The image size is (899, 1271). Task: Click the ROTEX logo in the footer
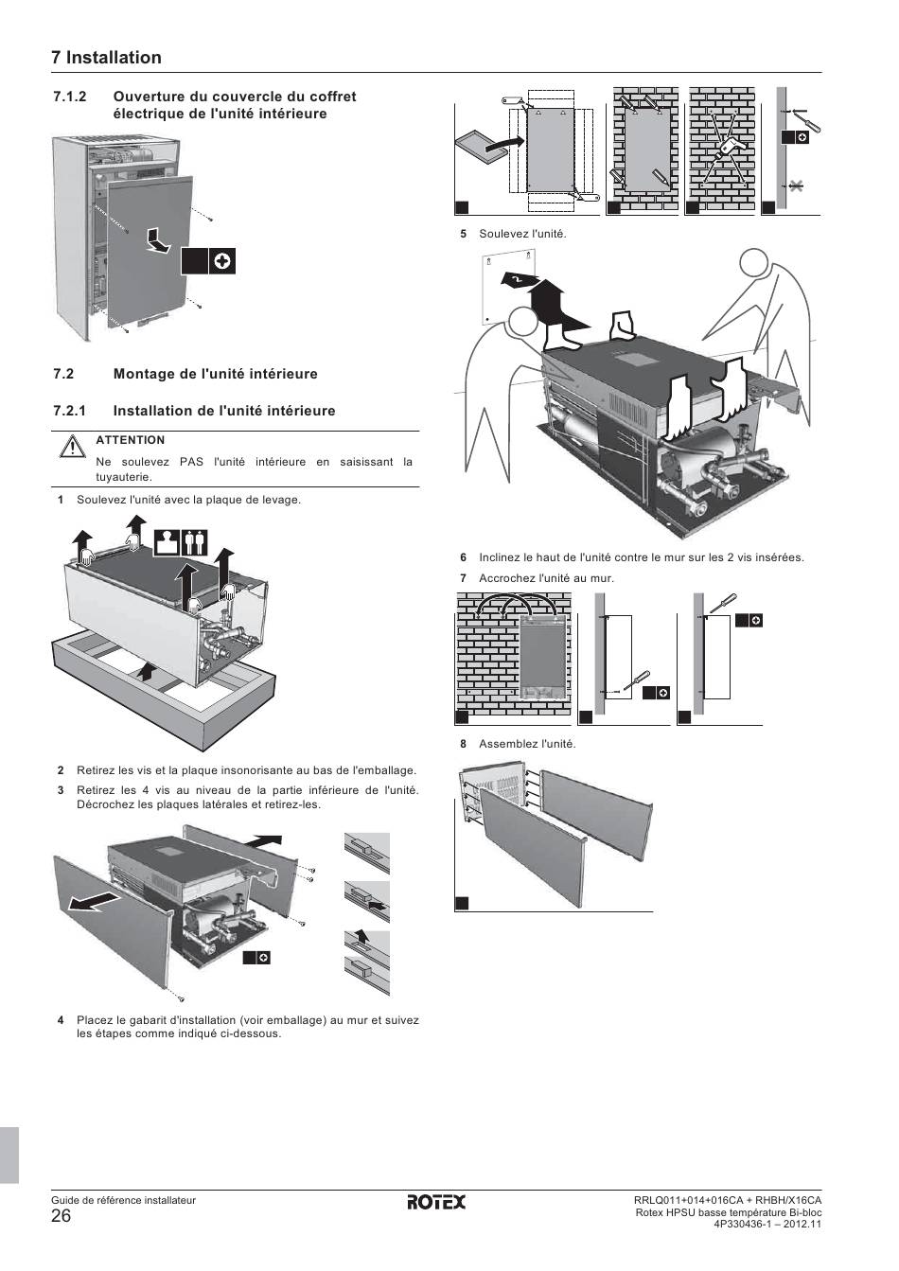click(436, 1202)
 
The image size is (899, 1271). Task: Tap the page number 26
click(62, 1216)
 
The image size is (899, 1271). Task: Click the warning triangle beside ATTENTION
click(72, 446)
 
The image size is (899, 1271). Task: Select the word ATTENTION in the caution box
click(131, 440)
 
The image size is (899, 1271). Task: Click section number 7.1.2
click(70, 97)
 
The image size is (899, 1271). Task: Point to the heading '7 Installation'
click(106, 58)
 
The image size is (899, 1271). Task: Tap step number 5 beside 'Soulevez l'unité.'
click(464, 234)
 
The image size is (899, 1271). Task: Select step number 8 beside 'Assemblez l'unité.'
click(464, 744)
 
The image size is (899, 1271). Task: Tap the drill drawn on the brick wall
click(726, 148)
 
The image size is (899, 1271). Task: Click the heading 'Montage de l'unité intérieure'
click(216, 374)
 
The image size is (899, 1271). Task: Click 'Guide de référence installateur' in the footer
click(123, 1200)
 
